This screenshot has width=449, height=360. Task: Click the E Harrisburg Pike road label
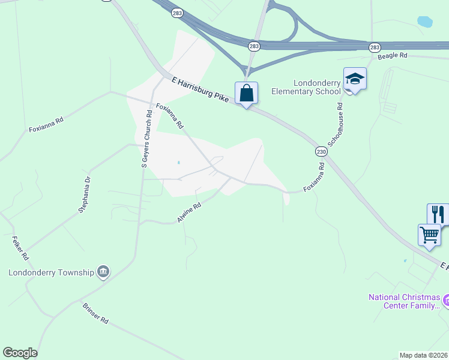coord(200,89)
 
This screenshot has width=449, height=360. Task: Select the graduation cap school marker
coord(355,79)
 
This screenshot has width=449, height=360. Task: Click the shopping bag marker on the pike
coord(246,94)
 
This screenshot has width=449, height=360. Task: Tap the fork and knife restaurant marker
coord(438,214)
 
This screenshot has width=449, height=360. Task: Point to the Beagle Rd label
coord(393,56)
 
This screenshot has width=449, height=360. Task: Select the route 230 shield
coord(321,152)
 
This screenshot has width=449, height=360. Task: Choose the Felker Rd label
coord(20,248)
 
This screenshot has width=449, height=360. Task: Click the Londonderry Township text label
coord(52,272)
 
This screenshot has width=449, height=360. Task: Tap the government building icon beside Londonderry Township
coord(103,272)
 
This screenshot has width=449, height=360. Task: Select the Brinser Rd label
coord(95,313)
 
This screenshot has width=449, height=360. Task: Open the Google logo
coord(20,353)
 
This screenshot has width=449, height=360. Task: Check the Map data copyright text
coord(424,355)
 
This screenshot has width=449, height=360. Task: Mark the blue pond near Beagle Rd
coord(425,22)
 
